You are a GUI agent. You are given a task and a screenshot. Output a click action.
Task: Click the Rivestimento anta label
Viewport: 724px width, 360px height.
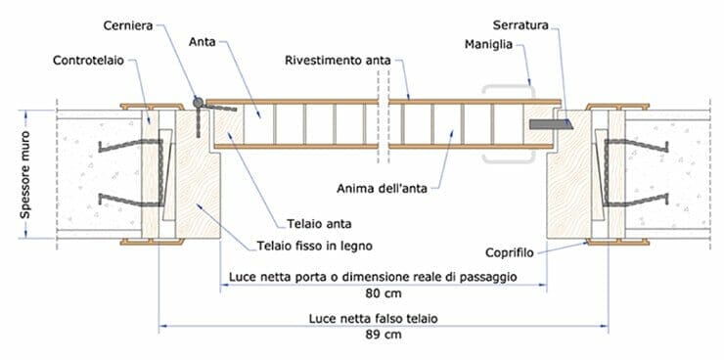(x=338, y=61)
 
